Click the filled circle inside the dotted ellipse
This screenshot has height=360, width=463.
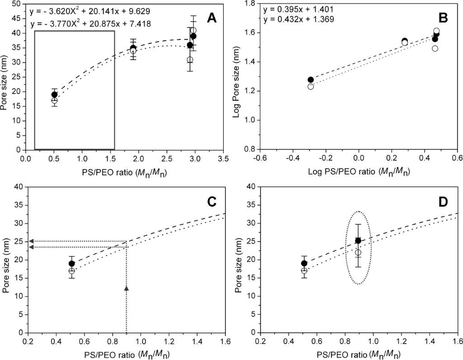pyautogui.click(x=358, y=241)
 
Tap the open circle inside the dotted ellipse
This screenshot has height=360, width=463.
pyautogui.click(x=358, y=252)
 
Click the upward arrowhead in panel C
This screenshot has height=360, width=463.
pyautogui.click(x=126, y=288)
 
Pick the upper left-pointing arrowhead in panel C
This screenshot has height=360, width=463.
pyautogui.click(x=31, y=241)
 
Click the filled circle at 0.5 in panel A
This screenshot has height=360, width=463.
pyautogui.click(x=54, y=95)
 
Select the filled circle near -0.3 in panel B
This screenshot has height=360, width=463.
pyautogui.click(x=311, y=80)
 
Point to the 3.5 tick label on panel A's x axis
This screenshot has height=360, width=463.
pyautogui.click(x=222, y=160)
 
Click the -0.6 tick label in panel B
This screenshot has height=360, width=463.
pyautogui.click(x=260, y=160)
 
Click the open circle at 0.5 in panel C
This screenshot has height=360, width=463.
pyautogui.click(x=71, y=271)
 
